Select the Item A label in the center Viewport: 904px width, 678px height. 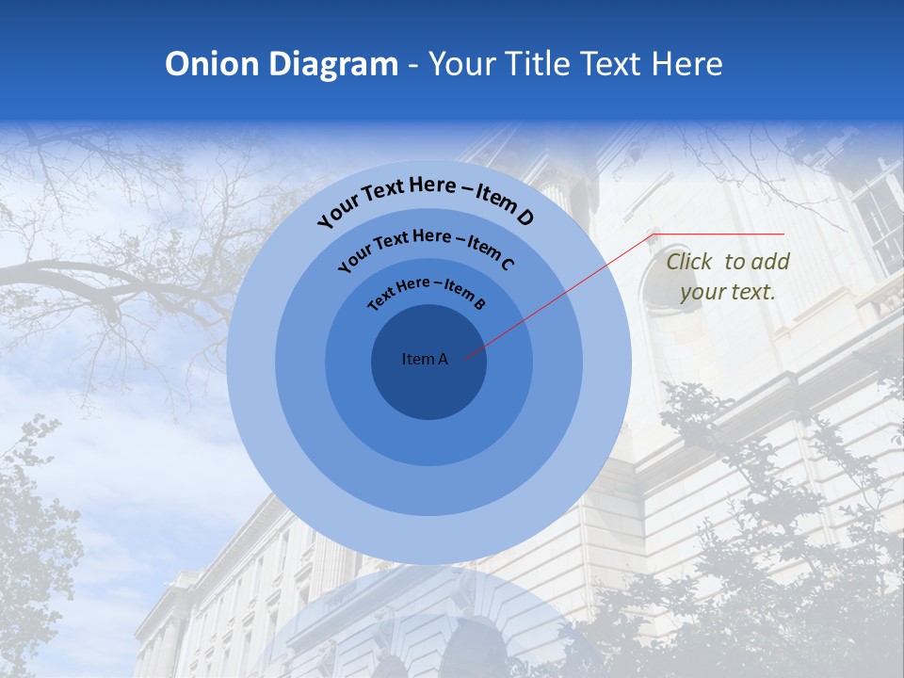pyautogui.click(x=425, y=359)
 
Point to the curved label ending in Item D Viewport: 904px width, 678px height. pyautogui.click(x=426, y=198)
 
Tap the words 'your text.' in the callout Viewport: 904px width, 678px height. pyautogui.click(x=728, y=292)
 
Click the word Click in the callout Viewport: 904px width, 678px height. pyautogui.click(x=690, y=263)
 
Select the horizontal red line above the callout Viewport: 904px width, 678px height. pyautogui.click(x=720, y=234)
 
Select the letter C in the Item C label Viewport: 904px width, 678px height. pyautogui.click(x=507, y=264)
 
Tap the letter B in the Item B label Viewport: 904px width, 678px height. pyautogui.click(x=479, y=303)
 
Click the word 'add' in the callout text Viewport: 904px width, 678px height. pyautogui.click(x=770, y=263)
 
